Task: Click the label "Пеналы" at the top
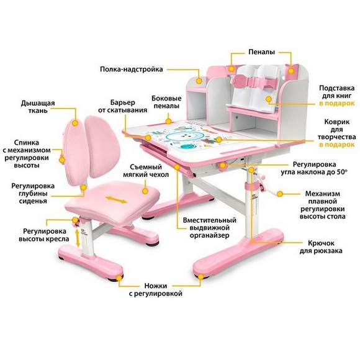click(261, 52)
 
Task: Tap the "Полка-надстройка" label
click(132, 69)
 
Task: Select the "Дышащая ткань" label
click(38, 107)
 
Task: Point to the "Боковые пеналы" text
click(166, 102)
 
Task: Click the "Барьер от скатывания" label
click(123, 106)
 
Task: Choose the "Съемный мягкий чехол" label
click(146, 171)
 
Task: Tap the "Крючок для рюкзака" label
click(321, 247)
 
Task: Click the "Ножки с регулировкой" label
click(155, 289)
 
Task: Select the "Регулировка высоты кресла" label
click(44, 235)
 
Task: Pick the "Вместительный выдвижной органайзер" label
click(209, 228)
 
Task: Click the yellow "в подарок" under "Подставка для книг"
click(337, 103)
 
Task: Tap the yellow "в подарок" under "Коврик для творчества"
click(337, 145)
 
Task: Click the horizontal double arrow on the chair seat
click(116, 200)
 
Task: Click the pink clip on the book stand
click(254, 81)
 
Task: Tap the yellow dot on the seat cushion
click(145, 191)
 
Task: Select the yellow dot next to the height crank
click(280, 194)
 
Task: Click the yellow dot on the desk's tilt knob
click(223, 165)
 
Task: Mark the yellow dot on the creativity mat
click(219, 140)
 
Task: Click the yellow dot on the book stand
click(269, 99)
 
